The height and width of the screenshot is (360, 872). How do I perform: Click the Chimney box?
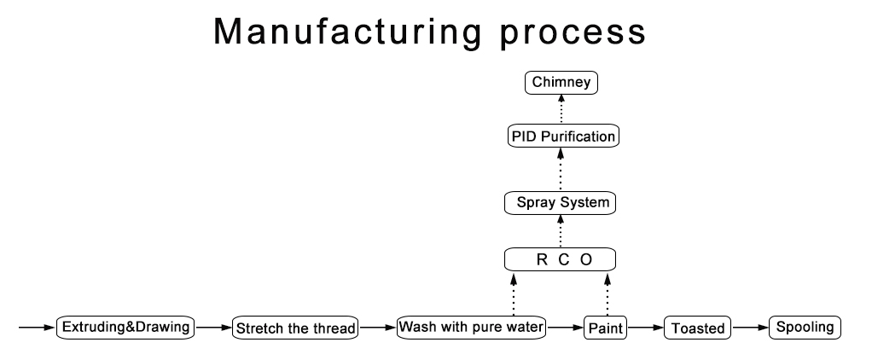(x=561, y=83)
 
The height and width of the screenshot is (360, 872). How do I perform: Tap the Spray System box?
(x=560, y=203)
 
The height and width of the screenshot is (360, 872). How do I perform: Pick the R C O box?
(x=560, y=258)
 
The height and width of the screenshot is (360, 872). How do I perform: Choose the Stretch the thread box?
(x=294, y=328)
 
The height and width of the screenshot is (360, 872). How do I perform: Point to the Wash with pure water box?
(x=471, y=327)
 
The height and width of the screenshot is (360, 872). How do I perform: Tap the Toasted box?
(x=697, y=328)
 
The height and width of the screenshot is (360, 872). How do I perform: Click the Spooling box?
(x=805, y=327)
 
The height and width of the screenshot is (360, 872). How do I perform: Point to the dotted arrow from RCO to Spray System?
(x=561, y=230)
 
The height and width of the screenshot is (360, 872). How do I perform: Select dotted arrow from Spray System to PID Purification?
(x=561, y=169)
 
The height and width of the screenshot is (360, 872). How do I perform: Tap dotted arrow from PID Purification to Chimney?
(x=561, y=109)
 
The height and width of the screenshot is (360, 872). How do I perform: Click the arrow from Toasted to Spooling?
(x=750, y=328)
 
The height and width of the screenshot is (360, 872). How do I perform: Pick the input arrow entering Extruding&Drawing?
(x=38, y=328)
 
